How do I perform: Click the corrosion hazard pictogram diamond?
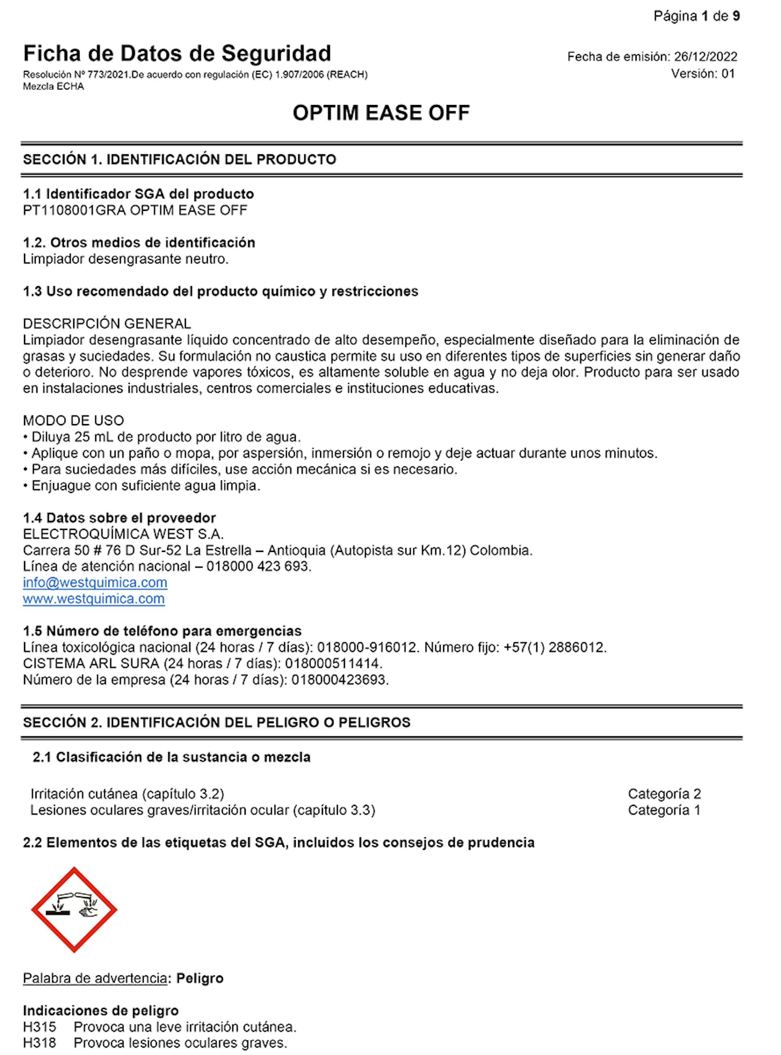(x=74, y=910)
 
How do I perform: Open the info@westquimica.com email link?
(x=95, y=582)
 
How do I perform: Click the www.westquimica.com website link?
(x=94, y=599)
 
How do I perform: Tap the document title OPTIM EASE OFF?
(x=381, y=113)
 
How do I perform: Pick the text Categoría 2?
(x=664, y=793)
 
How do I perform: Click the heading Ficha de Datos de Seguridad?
(x=177, y=53)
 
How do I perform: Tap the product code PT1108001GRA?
(x=74, y=210)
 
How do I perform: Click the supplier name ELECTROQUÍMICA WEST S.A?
(x=123, y=534)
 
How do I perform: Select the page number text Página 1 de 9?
(x=696, y=17)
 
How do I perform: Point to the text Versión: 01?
(x=703, y=74)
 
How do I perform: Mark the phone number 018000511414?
(x=333, y=663)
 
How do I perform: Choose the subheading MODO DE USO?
(x=73, y=420)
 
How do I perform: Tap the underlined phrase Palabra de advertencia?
(x=94, y=978)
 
